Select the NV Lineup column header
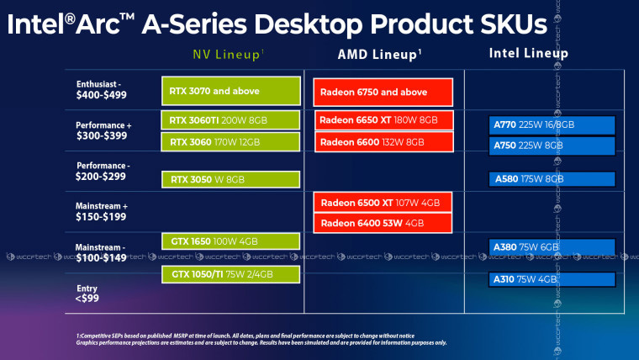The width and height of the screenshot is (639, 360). click(229, 55)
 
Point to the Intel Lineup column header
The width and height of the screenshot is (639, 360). click(528, 54)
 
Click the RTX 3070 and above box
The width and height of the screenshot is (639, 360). click(230, 90)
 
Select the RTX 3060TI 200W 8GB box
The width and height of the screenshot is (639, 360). click(230, 120)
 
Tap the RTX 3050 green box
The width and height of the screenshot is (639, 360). click(230, 179)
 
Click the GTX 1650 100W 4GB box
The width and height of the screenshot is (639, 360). click(230, 242)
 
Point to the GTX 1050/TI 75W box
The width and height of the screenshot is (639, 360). click(230, 274)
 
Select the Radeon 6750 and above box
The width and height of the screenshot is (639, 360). click(383, 91)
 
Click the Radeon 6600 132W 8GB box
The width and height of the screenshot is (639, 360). click(383, 141)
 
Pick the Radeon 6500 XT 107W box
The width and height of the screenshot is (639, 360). click(383, 203)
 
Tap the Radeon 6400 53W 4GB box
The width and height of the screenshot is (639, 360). click(383, 223)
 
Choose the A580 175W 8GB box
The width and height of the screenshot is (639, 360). click(552, 178)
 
